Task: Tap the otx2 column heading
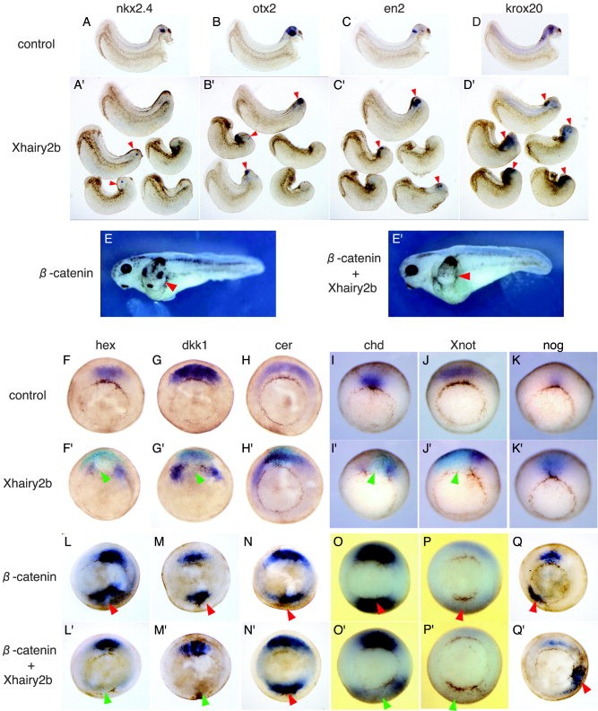(x=264, y=8)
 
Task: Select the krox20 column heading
(x=524, y=8)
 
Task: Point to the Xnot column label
(x=464, y=345)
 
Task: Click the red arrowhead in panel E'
(x=465, y=276)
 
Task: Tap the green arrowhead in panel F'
(x=106, y=477)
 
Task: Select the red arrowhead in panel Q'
(x=585, y=688)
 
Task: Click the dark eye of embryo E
(x=126, y=268)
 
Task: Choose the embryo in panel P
(x=462, y=577)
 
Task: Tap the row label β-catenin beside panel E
(x=66, y=273)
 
